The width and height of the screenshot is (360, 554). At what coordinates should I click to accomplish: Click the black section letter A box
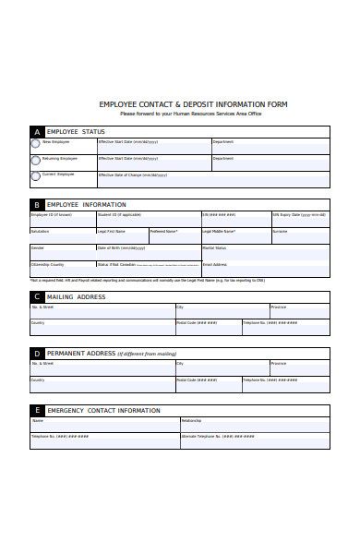point(37,132)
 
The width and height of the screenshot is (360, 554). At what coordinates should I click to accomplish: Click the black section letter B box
point(37,205)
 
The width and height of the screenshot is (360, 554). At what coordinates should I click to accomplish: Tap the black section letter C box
point(37,297)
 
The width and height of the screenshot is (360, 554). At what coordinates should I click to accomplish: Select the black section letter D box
point(37,354)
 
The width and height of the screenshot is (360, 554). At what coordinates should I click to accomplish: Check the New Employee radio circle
point(36,144)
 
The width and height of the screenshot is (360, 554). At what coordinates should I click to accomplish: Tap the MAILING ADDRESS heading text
point(77,297)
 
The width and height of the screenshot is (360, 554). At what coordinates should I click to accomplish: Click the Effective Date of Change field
point(153,179)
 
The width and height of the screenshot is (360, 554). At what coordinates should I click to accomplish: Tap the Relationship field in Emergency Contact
point(255,425)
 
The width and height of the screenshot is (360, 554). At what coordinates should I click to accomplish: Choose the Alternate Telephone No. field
point(255,441)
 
